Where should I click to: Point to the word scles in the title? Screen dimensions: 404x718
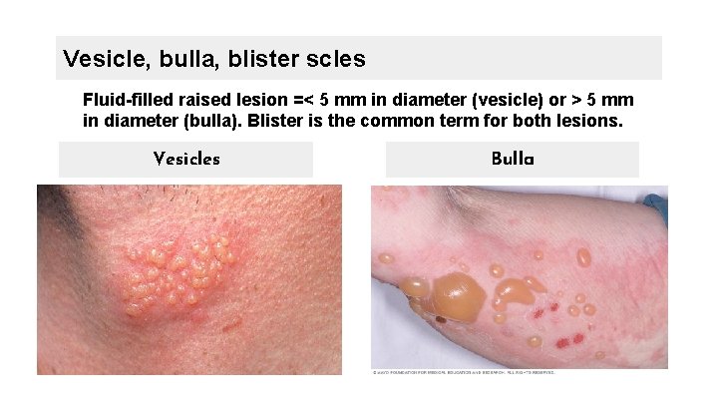(x=337, y=59)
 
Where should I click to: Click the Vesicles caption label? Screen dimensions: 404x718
(x=186, y=160)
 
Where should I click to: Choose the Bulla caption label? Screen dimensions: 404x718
(x=513, y=160)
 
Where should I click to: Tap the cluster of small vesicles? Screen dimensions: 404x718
(x=179, y=271)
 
